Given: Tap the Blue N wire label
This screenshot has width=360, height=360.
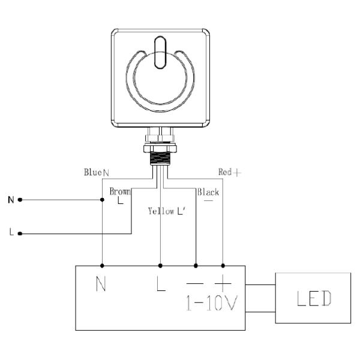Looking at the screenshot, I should (96, 172).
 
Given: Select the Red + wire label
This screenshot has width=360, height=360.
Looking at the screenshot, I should (229, 172).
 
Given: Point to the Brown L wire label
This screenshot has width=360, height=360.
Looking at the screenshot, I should (120, 195).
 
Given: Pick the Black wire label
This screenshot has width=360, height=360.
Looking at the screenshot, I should (208, 193).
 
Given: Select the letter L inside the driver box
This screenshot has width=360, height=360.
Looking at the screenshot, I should (161, 284).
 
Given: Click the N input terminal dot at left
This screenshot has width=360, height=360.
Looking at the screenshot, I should (20, 199).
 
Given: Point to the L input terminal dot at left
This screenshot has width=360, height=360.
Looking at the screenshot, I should (20, 233).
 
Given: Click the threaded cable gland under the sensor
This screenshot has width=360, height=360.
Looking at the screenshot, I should (160, 154).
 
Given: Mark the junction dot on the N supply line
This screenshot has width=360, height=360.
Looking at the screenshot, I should (103, 199).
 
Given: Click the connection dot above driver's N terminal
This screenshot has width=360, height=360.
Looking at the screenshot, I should (103, 265).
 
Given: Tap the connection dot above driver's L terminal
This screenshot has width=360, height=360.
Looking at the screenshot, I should (160, 265).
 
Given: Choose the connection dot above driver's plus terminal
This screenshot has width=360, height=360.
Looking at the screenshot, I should (224, 265).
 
